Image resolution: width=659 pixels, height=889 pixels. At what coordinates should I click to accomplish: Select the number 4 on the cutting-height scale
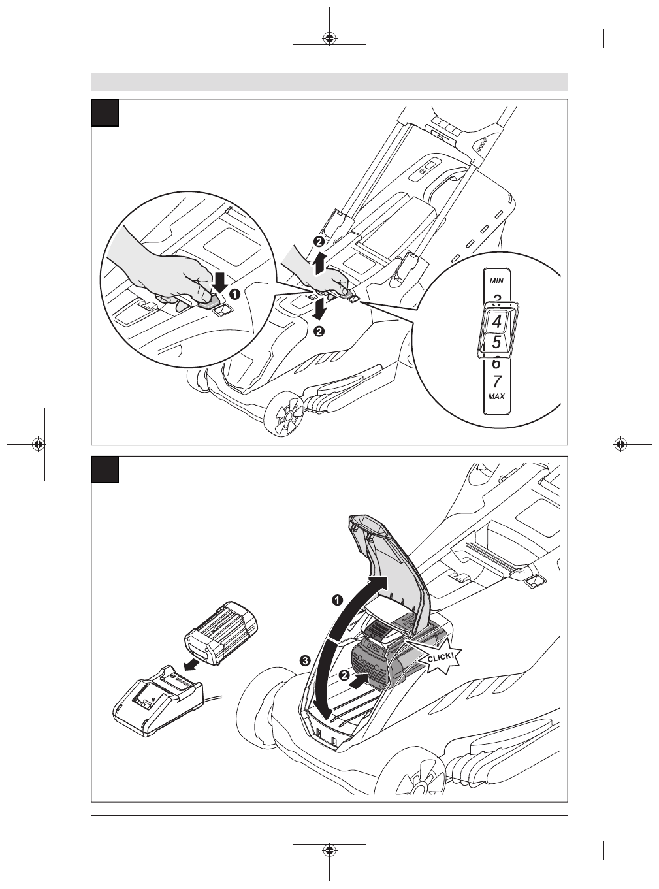(x=497, y=321)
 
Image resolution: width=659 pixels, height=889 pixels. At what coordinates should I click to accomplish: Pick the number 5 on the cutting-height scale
(x=496, y=342)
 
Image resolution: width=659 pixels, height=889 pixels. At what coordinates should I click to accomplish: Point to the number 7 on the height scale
(x=496, y=381)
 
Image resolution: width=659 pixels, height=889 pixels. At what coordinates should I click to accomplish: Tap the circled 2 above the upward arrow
(x=318, y=242)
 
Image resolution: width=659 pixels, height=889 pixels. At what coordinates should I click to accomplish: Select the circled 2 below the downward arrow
(x=319, y=332)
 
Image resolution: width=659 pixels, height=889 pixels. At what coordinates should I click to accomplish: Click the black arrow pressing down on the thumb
(x=220, y=282)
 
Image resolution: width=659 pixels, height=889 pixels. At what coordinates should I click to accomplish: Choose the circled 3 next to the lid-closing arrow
(x=304, y=660)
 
